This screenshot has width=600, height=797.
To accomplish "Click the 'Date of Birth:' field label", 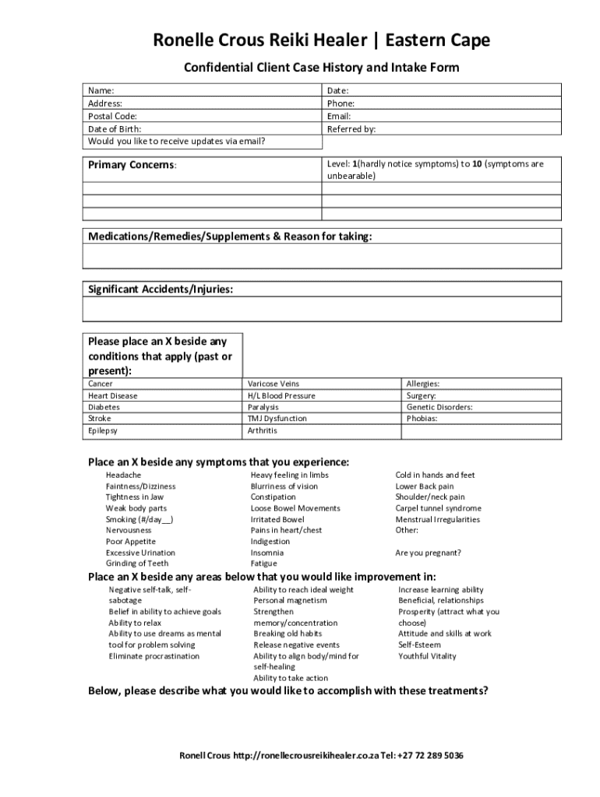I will click(x=115, y=129).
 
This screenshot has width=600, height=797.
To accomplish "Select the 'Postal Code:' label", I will click(x=112, y=116).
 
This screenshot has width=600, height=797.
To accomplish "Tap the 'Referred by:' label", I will click(x=351, y=129).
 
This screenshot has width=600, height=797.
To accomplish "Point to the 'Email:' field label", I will click(x=339, y=116).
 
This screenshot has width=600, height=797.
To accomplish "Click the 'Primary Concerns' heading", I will click(x=132, y=165).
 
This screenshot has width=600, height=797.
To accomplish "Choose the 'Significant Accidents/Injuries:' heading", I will click(x=160, y=289).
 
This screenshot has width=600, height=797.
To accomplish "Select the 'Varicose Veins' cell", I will click(x=273, y=384).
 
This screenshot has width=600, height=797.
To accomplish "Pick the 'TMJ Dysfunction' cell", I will click(x=277, y=419).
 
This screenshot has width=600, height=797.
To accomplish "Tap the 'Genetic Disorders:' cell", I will click(x=439, y=407).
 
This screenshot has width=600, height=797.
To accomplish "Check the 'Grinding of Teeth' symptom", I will click(x=136, y=563).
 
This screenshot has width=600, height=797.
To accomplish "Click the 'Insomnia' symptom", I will click(x=266, y=553).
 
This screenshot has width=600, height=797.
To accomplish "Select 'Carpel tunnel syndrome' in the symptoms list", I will click(x=438, y=508).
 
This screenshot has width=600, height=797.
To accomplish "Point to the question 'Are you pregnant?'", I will click(x=428, y=553).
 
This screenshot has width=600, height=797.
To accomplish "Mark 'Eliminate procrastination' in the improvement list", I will click(x=154, y=656).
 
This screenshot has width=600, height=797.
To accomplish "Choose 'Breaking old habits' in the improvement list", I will click(x=288, y=634).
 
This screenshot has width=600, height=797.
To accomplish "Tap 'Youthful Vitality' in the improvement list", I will click(x=427, y=656).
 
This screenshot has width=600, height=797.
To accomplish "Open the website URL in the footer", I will click(x=305, y=756).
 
